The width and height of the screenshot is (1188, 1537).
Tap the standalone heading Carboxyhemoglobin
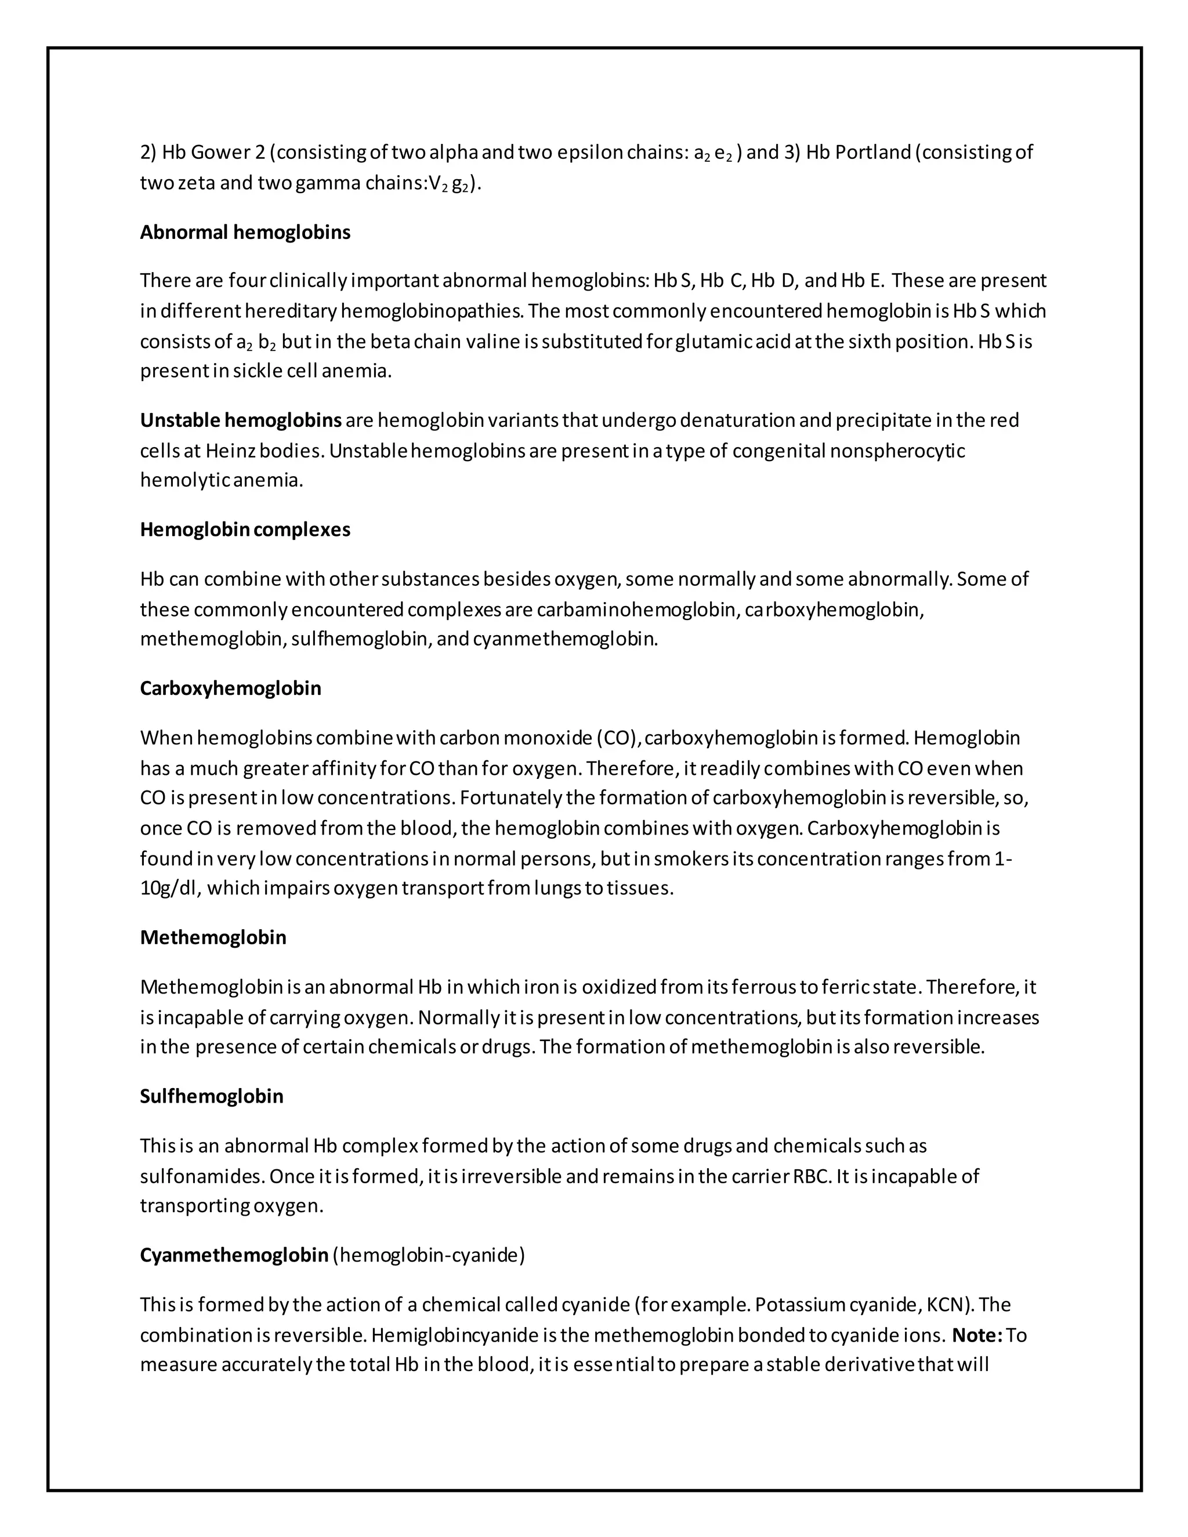(230, 688)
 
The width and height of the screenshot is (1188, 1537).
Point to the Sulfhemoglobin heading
(211, 1096)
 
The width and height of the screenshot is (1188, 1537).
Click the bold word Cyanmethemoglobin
(234, 1256)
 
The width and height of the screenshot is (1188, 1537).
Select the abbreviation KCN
(947, 1305)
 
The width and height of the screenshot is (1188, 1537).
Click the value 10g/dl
(169, 888)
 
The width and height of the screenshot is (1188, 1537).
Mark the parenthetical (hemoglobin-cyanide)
(429, 1256)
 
